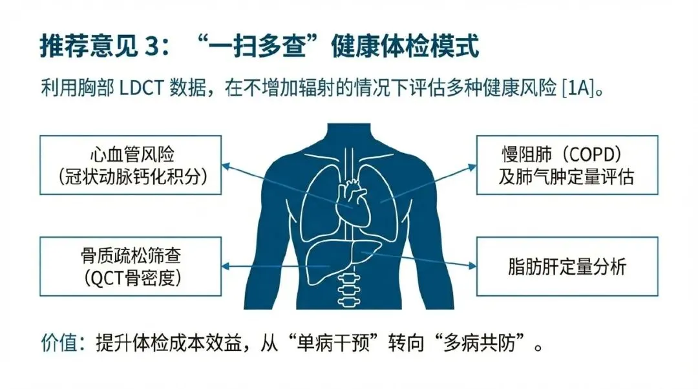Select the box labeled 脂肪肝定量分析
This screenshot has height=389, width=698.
click(x=567, y=266)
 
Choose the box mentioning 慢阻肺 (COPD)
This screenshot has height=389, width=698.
click(x=567, y=165)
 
